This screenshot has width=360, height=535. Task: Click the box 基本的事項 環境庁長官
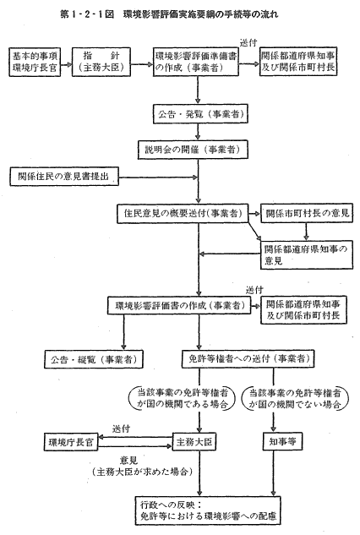click(35, 62)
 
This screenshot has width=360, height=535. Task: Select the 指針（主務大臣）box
click(101, 62)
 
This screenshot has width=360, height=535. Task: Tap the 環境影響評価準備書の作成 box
click(196, 61)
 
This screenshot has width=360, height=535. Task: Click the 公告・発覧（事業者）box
click(200, 114)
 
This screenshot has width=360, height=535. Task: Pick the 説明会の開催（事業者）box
click(193, 150)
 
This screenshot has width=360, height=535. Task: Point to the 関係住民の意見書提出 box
click(64, 177)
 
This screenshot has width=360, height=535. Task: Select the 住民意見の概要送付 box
click(183, 214)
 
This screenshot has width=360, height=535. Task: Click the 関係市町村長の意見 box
click(307, 213)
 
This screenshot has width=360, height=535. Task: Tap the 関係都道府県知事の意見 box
click(307, 255)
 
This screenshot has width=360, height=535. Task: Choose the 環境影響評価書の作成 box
click(179, 305)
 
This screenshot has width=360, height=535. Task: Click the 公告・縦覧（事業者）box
click(94, 359)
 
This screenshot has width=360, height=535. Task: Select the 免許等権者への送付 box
click(248, 358)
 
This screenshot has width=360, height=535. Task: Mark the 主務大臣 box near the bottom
click(194, 442)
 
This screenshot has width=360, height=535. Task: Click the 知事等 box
click(282, 442)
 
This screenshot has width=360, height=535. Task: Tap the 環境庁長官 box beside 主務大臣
click(71, 442)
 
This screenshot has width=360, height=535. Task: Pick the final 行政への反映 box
click(208, 510)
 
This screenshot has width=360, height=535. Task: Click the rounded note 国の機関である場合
click(183, 398)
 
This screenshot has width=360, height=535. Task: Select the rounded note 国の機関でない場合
click(295, 398)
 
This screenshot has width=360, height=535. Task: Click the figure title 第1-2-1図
click(87, 14)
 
